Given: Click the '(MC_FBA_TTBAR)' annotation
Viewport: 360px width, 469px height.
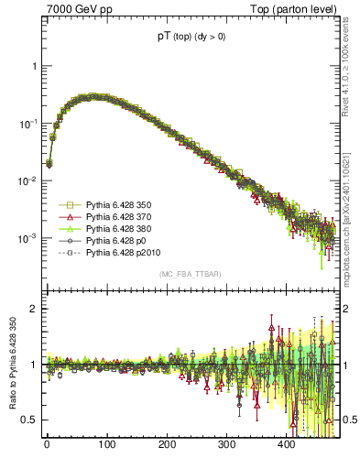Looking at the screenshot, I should pos(191,275).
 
